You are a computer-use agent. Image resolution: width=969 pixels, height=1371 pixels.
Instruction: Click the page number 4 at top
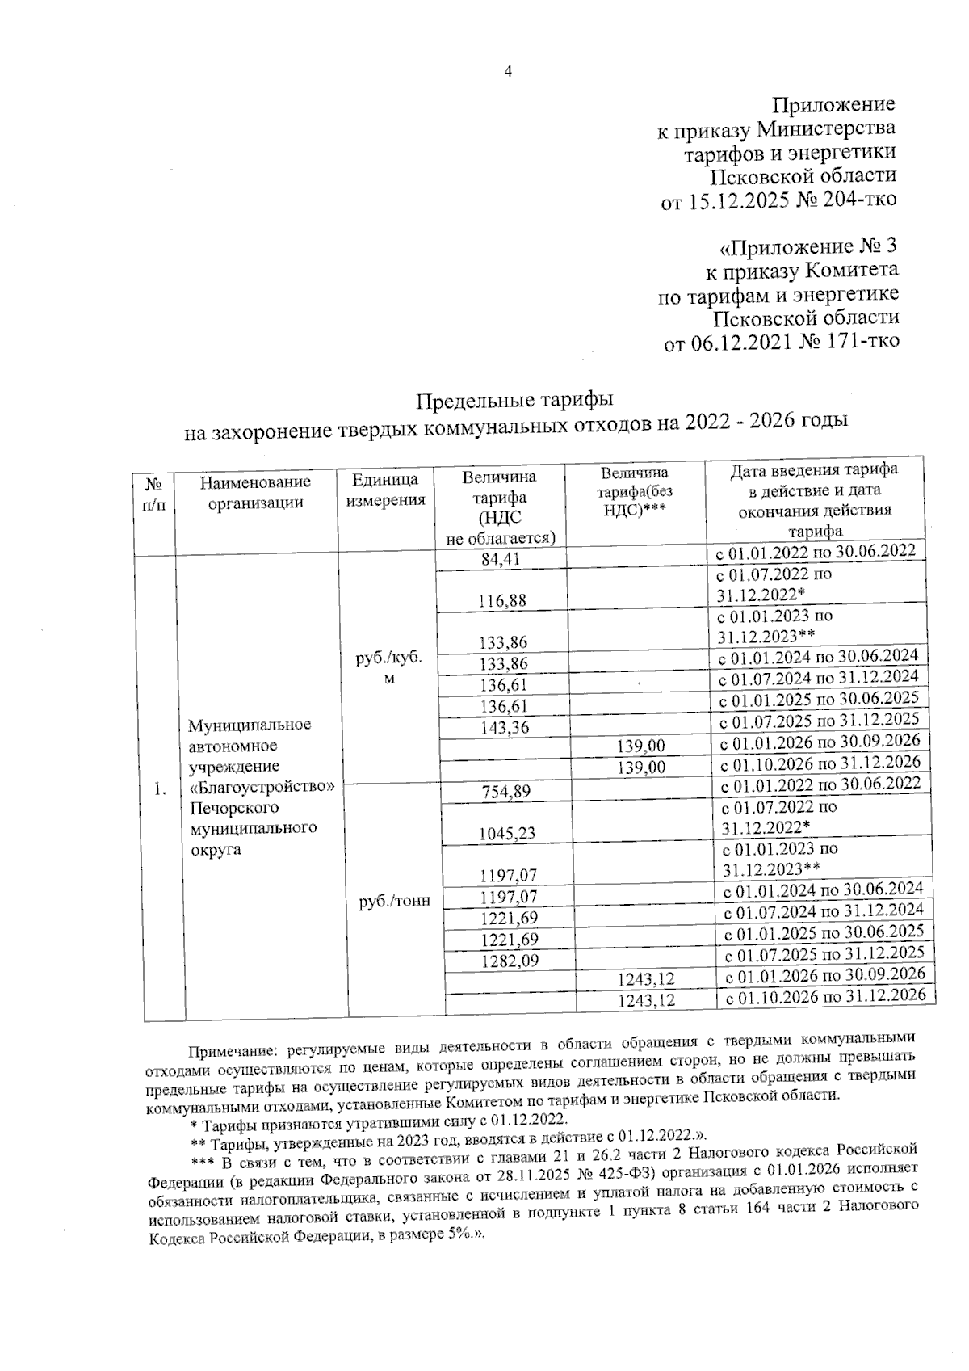click(x=508, y=72)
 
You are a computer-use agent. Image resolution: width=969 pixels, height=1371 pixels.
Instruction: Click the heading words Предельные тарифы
click(x=515, y=399)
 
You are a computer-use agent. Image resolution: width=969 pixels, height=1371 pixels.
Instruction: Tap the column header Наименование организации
click(x=255, y=492)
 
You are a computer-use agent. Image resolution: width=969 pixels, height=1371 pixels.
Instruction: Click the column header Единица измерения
click(x=386, y=490)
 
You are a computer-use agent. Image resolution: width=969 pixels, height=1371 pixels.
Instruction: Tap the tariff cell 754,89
click(x=505, y=791)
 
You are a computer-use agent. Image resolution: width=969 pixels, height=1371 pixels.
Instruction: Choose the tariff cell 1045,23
click(x=507, y=833)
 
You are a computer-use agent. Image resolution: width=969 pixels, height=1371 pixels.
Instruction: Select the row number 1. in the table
click(x=161, y=789)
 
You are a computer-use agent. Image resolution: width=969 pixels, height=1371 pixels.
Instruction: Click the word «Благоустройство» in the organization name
click(x=261, y=786)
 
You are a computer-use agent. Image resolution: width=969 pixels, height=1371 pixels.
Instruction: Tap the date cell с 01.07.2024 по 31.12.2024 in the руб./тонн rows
click(x=824, y=911)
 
